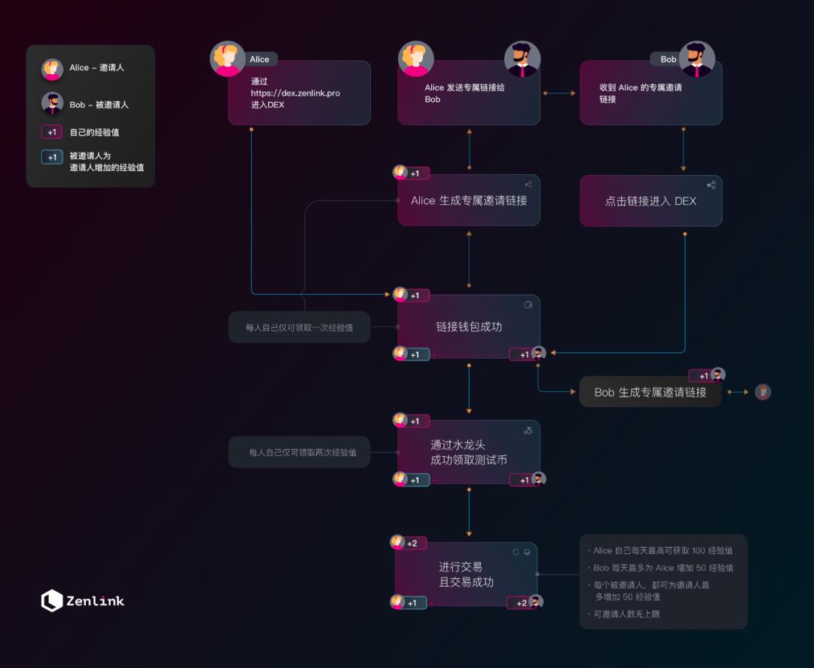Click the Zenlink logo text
click(x=95, y=601)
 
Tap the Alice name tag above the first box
click(x=259, y=59)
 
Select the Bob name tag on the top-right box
click(x=668, y=59)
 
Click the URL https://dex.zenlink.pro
click(x=295, y=93)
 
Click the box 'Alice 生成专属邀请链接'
click(x=469, y=201)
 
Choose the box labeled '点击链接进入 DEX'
click(x=650, y=201)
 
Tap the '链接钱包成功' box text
click(x=469, y=326)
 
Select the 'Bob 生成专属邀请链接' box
click(x=650, y=392)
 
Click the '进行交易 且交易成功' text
click(x=466, y=575)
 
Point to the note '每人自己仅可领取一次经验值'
click(x=299, y=328)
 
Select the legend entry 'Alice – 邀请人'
click(x=96, y=68)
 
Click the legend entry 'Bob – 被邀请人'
click(x=99, y=105)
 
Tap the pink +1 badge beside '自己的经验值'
click(x=52, y=132)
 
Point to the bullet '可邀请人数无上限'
click(x=627, y=614)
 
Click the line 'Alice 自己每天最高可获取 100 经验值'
click(x=663, y=550)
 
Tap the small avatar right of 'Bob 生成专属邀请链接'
click(x=763, y=392)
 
